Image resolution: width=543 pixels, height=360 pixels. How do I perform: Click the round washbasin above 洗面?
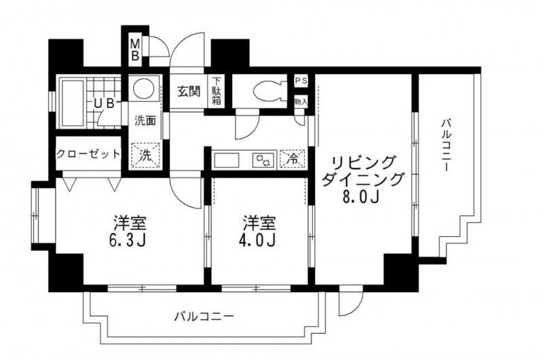(x=143, y=90)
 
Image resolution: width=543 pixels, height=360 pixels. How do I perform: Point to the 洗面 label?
(x=145, y=122)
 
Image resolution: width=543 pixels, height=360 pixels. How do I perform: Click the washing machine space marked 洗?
(x=145, y=154)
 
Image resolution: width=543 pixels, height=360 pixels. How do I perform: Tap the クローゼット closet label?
(x=88, y=154)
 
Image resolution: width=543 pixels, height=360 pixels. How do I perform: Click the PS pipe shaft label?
(x=301, y=81)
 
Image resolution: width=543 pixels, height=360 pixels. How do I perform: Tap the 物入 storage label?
(x=301, y=101)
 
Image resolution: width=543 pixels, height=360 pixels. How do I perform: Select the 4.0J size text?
(x=258, y=241)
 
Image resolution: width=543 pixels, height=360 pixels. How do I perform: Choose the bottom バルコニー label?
(x=203, y=316)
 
